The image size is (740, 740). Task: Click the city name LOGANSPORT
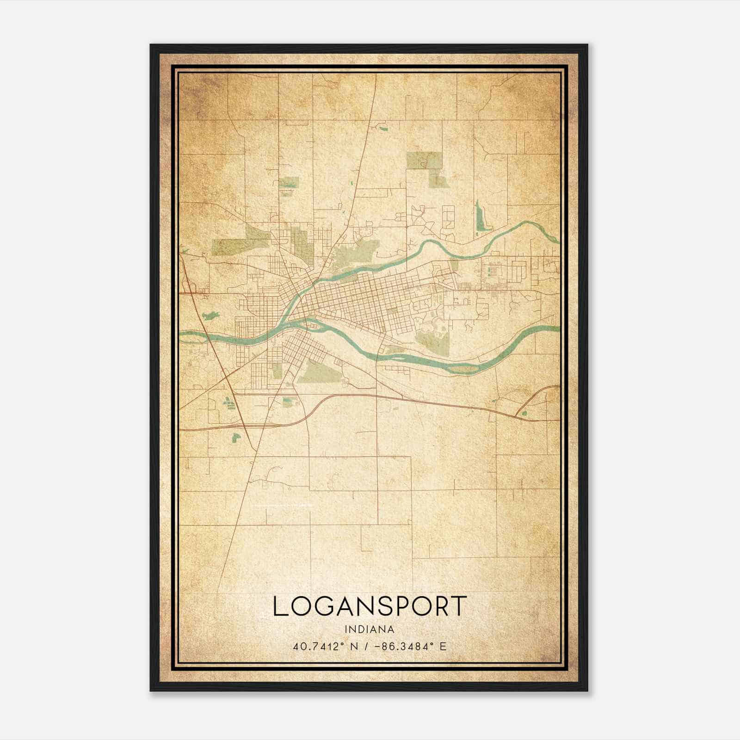[x=370, y=606]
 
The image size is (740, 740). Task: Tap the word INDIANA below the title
[x=370, y=629]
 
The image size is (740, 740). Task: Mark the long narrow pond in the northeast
[x=480, y=216]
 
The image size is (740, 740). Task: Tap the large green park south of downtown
[x=319, y=372]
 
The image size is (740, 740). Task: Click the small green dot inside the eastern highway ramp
[x=524, y=413]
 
